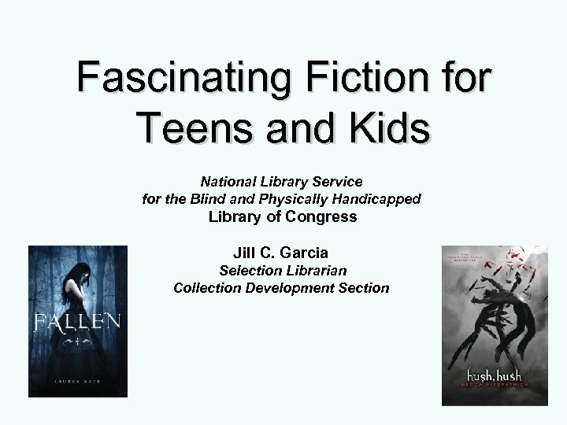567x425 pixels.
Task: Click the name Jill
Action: (x=245, y=253)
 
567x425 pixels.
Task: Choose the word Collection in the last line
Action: (x=207, y=287)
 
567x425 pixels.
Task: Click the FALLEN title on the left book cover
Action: (x=76, y=321)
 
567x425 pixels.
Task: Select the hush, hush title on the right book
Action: (x=493, y=375)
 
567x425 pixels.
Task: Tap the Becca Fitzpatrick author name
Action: (x=493, y=388)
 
